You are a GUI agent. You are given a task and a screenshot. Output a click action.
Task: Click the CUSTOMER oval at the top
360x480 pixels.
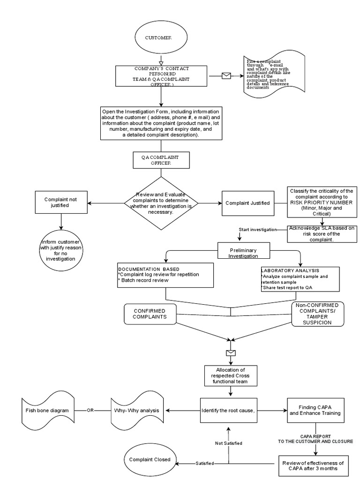click(161, 37)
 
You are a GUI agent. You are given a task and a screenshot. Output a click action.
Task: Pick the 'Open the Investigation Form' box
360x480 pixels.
click(161, 123)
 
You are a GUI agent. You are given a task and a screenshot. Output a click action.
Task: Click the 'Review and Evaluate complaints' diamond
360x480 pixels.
click(161, 203)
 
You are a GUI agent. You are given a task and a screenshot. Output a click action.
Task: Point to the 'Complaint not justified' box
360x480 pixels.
click(60, 202)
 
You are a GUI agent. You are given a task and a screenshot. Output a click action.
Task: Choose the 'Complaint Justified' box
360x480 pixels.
click(247, 203)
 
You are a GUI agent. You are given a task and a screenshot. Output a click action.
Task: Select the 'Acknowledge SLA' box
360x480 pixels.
click(322, 233)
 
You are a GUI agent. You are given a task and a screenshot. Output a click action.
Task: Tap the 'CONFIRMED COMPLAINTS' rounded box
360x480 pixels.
click(150, 314)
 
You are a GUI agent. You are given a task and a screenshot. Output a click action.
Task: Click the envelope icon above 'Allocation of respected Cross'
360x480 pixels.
click(230, 353)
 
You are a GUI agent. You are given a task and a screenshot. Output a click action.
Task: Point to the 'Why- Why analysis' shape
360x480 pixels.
click(136, 410)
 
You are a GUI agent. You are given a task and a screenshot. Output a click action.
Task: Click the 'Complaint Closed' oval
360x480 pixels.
click(150, 459)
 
